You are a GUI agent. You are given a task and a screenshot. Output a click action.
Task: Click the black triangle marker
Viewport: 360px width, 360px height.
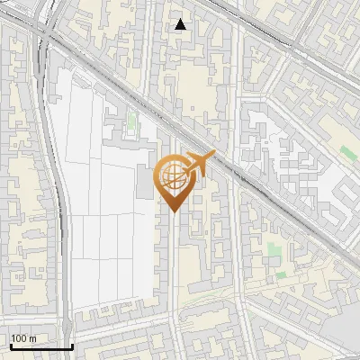(x=181, y=24)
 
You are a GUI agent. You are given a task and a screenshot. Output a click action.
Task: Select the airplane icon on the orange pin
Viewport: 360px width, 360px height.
(x=200, y=164)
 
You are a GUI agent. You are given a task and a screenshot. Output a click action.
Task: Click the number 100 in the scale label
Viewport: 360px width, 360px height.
(x=19, y=338)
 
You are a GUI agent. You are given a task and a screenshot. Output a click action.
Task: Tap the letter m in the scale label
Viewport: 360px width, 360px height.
(x=32, y=338)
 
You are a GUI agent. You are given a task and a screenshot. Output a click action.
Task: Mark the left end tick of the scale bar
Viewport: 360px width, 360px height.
(x=11, y=346)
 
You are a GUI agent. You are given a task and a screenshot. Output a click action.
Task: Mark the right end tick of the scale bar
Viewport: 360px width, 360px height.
(x=72, y=346)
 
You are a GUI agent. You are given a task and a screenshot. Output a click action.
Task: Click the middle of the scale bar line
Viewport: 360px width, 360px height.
(x=41, y=346)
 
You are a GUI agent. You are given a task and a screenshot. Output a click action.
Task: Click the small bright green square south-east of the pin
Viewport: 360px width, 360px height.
(x=281, y=274)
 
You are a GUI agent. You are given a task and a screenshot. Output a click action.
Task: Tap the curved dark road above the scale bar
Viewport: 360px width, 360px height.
(x=65, y=270)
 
